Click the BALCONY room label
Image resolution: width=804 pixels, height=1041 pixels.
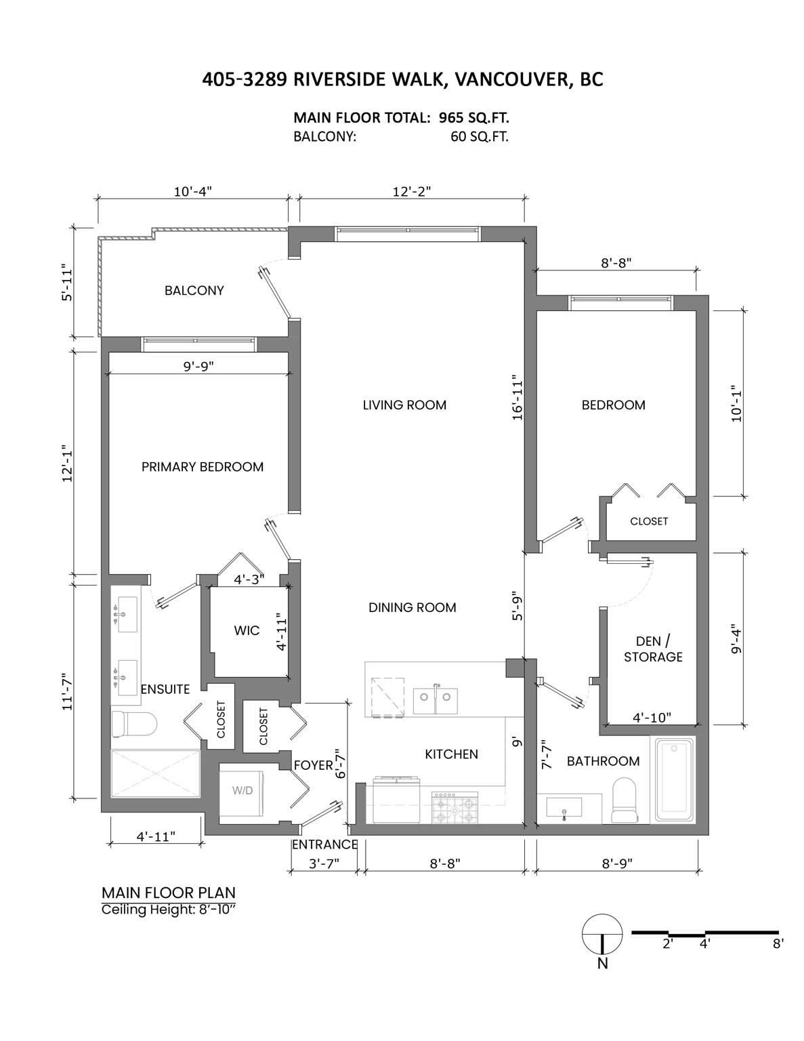194,291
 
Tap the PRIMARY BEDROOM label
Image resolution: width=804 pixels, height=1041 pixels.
203,466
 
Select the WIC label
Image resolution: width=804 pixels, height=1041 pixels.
247,630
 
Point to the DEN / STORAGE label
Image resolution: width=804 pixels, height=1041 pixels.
653,649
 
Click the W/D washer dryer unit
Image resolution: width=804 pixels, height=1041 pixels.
241,790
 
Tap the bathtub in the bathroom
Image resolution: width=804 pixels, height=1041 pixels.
675,780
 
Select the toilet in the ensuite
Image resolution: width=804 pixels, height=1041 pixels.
135,724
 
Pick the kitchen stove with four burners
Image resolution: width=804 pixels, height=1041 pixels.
454,808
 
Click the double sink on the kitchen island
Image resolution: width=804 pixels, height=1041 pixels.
436,701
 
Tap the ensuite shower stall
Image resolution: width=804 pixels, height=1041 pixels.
156,774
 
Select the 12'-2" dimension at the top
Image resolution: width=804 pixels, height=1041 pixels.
412,192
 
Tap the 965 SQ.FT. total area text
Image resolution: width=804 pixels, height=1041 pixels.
474,117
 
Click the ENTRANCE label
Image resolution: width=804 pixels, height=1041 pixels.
325,844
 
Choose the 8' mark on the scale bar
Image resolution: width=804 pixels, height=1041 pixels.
778,944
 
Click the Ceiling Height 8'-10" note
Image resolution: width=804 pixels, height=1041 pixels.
169,910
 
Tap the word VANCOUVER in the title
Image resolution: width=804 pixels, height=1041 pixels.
511,79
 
